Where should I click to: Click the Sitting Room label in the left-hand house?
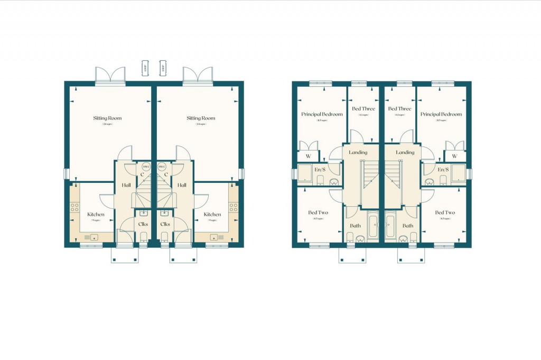point(107,118)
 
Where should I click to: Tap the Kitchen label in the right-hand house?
point(212,214)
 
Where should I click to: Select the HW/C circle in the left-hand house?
point(146,167)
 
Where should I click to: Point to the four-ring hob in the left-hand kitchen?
point(74,206)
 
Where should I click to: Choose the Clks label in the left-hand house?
point(143,224)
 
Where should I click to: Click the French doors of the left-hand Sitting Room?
point(110,75)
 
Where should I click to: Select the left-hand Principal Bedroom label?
point(322,114)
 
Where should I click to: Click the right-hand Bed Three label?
point(399,109)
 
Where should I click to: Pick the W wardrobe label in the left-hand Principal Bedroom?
point(307,156)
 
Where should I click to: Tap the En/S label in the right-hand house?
point(444,169)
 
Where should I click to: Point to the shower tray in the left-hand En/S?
point(305,172)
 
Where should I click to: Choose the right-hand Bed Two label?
point(444,213)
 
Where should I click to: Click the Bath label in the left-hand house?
point(355,226)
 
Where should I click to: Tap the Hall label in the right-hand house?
point(182,185)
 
